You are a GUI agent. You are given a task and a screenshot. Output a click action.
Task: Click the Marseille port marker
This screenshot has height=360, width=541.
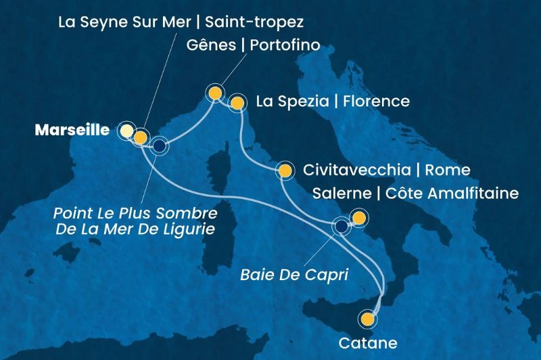tap(126, 130)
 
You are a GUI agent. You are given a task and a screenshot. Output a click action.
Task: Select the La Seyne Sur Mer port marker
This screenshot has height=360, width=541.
tap(139, 138)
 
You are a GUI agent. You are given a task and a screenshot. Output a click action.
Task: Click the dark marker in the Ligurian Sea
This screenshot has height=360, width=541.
tap(159, 145)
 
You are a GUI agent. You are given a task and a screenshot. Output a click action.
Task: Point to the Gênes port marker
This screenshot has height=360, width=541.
tap(215, 93)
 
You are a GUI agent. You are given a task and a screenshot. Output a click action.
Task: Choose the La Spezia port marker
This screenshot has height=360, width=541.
tap(237, 104)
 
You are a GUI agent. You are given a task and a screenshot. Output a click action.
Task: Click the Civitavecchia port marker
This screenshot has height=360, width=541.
tap(285, 171)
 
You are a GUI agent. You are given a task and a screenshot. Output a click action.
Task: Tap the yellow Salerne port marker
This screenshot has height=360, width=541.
tap(359, 218)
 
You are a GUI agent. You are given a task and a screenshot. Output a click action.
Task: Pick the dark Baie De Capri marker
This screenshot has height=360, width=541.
tap(342, 226)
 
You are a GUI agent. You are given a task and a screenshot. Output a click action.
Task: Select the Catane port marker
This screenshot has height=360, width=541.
tap(368, 318)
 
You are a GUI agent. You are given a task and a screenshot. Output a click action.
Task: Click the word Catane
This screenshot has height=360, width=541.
tap(369, 342)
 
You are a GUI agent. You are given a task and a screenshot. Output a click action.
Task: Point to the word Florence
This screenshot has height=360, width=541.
tap(377, 102)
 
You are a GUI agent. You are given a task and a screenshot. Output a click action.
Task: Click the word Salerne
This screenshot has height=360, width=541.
tap(341, 194)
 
